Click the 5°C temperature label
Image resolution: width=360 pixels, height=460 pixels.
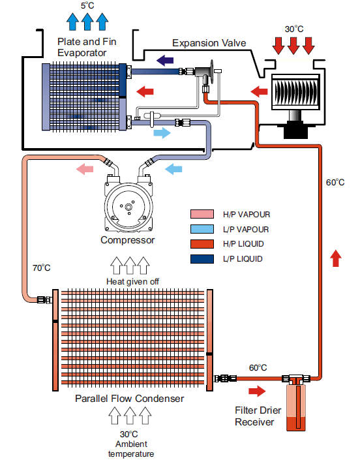tap(87, 6)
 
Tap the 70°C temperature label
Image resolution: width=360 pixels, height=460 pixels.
tap(41, 268)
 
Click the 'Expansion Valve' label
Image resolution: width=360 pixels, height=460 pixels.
tap(209, 43)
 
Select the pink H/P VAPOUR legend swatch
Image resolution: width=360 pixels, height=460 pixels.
tap(202, 214)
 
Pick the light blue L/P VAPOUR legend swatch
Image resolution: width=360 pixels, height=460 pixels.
tap(202, 229)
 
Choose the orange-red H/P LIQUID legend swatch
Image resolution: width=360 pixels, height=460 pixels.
tap(202, 244)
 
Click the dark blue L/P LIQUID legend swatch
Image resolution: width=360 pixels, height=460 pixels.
tap(202, 259)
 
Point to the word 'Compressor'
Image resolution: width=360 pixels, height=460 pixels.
tap(128, 240)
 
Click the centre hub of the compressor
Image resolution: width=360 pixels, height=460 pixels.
tap(128, 207)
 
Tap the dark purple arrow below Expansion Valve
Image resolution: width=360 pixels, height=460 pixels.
tap(165, 61)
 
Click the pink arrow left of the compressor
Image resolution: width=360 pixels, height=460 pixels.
tap(85, 169)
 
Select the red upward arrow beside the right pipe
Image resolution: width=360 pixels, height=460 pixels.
tap(336, 258)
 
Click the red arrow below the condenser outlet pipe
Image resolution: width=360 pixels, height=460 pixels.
tap(257, 391)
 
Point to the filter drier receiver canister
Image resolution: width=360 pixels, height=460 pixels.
tap(296, 407)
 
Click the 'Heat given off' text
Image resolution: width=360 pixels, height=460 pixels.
tap(132, 282)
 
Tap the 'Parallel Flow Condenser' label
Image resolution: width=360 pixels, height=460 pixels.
tap(129, 399)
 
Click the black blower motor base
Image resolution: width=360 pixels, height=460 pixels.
tap(296, 130)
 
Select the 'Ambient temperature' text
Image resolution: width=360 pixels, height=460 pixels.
tap(131, 449)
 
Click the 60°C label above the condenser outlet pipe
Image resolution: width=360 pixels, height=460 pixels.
tap(258, 367)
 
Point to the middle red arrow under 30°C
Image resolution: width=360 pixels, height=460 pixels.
tap(293, 46)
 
